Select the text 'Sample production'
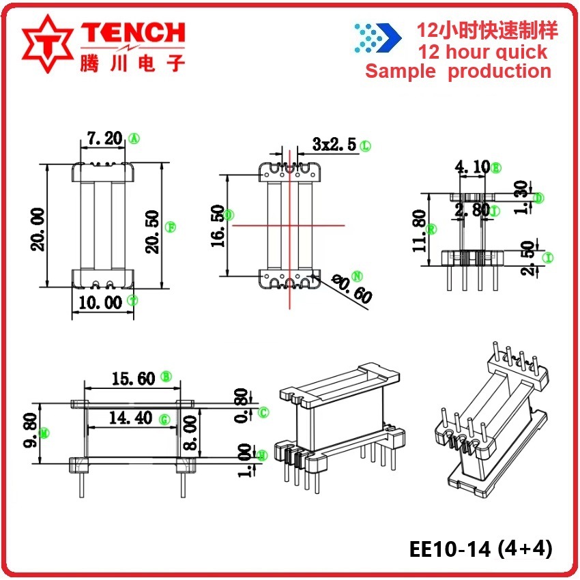point(458,71)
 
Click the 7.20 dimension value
point(104,139)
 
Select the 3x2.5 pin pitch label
point(334,144)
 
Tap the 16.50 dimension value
point(217,225)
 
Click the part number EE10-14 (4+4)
point(480,549)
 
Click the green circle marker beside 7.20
point(134,139)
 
